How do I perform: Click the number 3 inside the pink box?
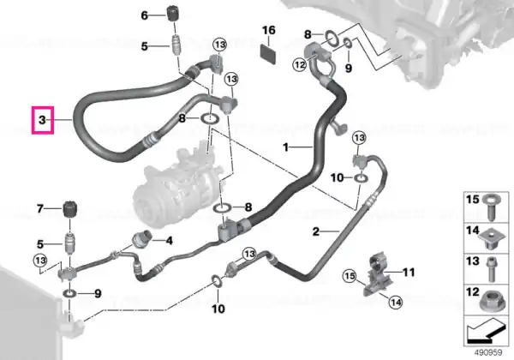(x=42, y=120)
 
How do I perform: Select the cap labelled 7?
(x=69, y=208)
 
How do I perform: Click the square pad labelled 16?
(x=268, y=54)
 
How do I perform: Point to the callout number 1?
(x=286, y=147)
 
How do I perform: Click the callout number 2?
(x=315, y=231)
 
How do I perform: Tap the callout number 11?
(x=409, y=272)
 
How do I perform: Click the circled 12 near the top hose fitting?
(x=300, y=64)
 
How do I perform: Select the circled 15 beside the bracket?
(x=350, y=276)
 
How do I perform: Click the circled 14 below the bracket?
(x=396, y=302)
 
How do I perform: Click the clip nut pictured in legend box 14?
(x=490, y=240)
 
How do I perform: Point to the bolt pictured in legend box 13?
(x=491, y=270)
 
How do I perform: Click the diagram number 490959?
(x=488, y=353)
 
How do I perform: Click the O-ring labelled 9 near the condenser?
(x=69, y=293)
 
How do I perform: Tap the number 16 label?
(x=268, y=31)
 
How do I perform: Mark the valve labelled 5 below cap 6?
(x=176, y=43)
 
